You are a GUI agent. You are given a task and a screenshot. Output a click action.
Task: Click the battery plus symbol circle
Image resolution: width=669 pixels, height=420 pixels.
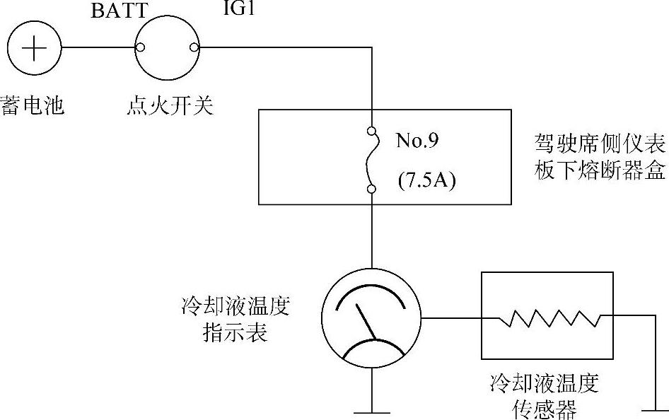34,49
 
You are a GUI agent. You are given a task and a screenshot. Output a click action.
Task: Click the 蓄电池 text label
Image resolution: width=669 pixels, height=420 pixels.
33,106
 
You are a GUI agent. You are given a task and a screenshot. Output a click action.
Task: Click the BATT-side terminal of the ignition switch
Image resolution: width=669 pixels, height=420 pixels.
141,48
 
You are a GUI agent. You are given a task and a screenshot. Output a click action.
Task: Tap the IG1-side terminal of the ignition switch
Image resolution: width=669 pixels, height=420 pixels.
194,48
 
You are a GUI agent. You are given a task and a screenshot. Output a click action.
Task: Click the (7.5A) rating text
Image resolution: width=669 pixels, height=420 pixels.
426,180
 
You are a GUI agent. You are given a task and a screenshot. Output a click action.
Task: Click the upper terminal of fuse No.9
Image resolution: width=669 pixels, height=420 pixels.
371,132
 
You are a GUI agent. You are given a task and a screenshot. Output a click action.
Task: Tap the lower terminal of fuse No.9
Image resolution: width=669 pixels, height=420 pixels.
371,189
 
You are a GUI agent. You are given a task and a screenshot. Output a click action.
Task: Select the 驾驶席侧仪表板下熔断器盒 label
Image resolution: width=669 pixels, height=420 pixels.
600,158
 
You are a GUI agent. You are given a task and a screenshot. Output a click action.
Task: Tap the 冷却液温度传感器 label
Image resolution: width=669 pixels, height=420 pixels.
545,396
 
